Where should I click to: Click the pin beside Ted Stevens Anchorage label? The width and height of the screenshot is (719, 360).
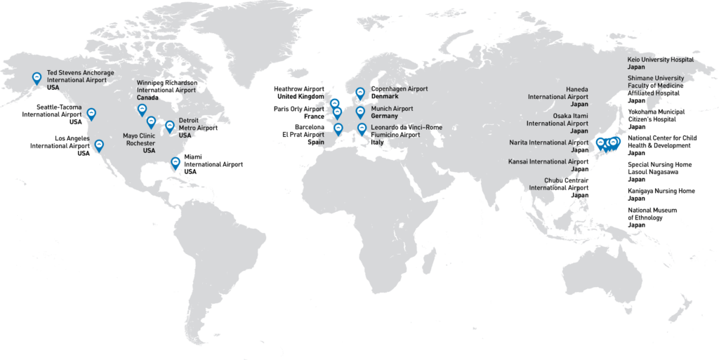37,78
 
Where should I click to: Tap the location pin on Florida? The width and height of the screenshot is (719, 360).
176,163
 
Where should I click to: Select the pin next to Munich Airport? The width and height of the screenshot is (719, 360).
360,112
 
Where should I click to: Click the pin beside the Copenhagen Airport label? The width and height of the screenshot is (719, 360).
360,93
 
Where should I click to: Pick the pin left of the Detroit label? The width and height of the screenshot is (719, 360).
169,126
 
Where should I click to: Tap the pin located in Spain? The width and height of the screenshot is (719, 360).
338,129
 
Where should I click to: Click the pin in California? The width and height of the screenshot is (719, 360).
99,145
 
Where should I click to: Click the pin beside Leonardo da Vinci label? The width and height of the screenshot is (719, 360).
362,128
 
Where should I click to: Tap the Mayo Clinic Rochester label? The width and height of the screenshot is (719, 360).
139,142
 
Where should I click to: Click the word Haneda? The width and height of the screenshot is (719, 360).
577,89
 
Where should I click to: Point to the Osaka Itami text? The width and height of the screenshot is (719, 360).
570,115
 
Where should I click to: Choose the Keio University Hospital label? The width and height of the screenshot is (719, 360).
660,60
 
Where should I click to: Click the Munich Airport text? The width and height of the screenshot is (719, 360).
392,109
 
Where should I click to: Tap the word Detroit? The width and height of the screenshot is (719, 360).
188,120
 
